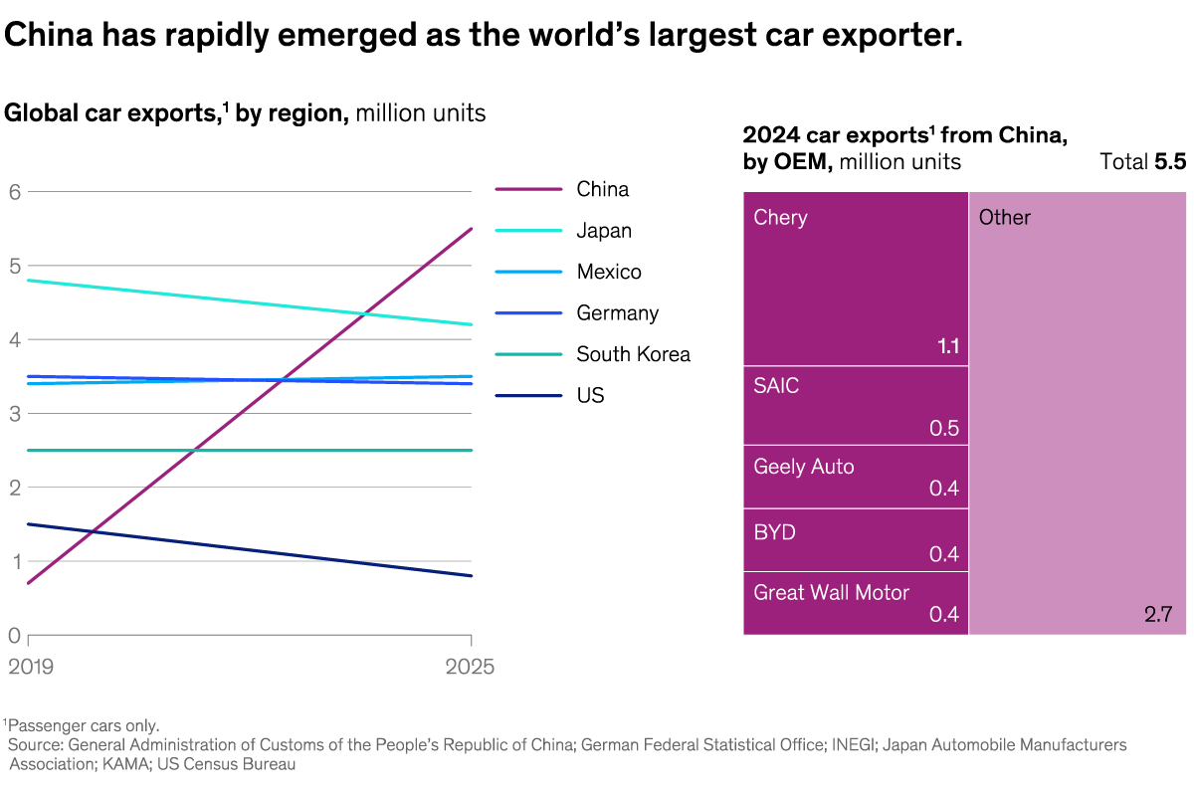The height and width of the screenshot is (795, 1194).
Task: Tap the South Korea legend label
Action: pyautogui.click(x=633, y=354)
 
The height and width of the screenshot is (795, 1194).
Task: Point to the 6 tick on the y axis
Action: pyautogui.click(x=14, y=191)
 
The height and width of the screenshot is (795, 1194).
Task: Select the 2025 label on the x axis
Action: pyautogui.click(x=469, y=667)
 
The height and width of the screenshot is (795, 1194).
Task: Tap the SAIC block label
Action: pyautogui.click(x=776, y=386)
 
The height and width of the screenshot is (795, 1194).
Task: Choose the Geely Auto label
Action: pyautogui.click(x=803, y=466)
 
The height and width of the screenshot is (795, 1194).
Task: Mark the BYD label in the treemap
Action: pyautogui.click(x=774, y=532)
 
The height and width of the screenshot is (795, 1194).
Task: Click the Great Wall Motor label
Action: pyautogui.click(x=831, y=592)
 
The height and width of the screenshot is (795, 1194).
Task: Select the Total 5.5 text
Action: pyautogui.click(x=1142, y=161)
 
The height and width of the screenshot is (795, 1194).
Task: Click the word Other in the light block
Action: pyautogui.click(x=1004, y=217)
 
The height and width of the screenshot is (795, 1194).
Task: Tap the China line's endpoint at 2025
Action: pyautogui.click(x=472, y=229)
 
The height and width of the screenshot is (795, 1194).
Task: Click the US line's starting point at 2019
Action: pyautogui.click(x=29, y=523)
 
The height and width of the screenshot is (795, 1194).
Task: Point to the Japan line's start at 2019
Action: pyautogui.click(x=29, y=281)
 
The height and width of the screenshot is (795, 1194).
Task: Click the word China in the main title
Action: pyautogui.click(x=43, y=36)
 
